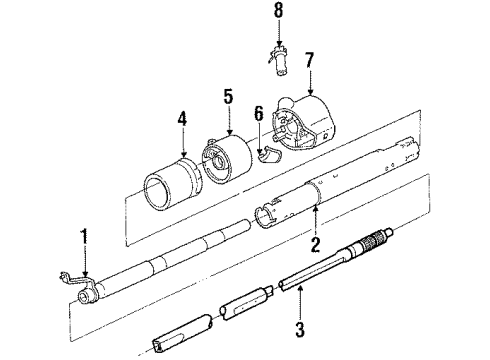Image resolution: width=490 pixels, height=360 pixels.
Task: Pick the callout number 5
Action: (228, 97)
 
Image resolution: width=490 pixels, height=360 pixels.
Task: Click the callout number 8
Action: (279, 13)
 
